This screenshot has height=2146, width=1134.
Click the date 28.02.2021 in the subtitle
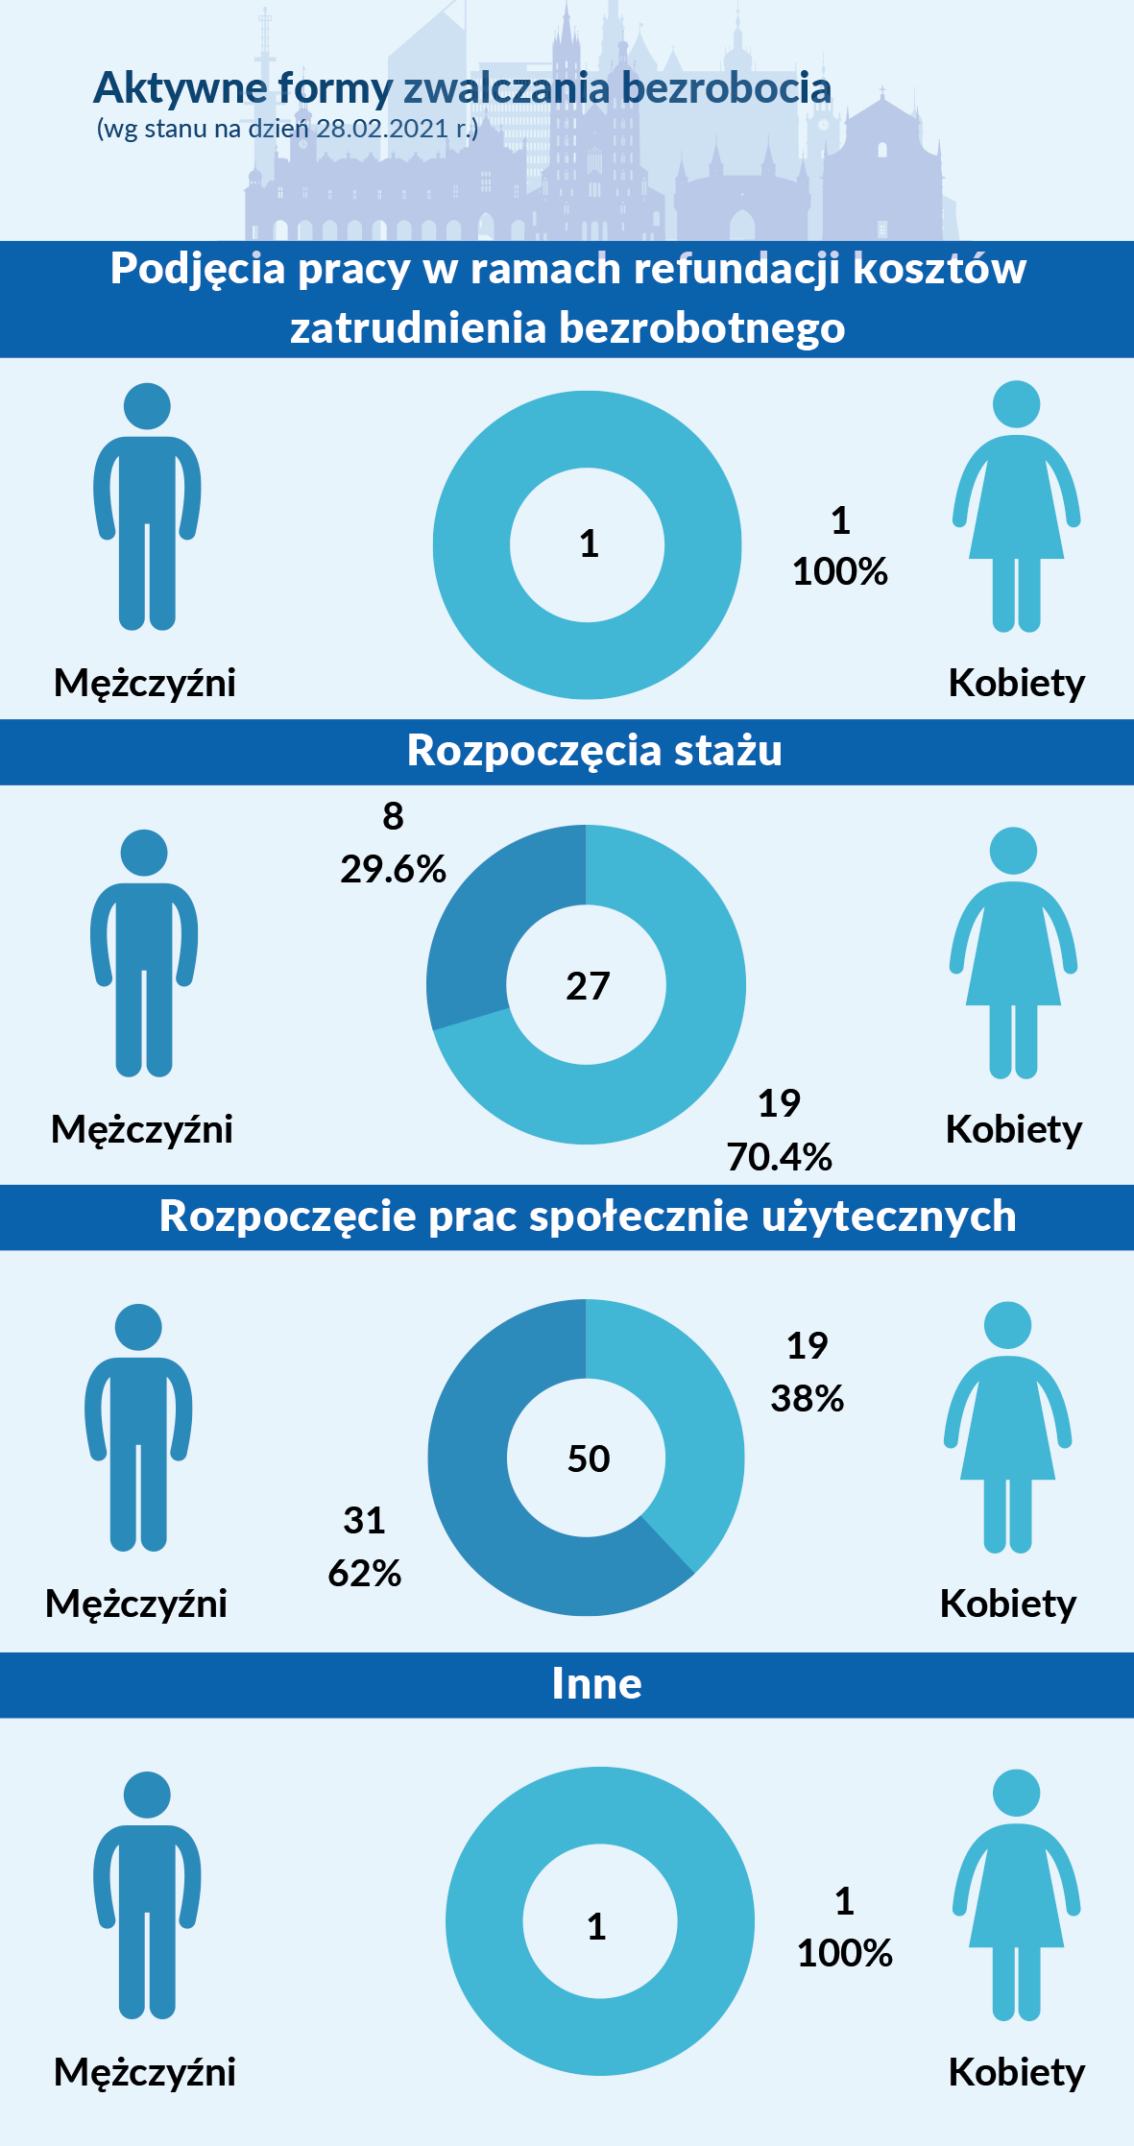pos(382,129)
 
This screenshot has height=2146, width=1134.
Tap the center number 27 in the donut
pos(588,986)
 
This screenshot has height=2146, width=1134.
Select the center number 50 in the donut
pos(589,1459)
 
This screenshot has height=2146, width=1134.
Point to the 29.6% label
pos(393,869)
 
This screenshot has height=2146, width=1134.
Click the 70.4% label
pos(779,1157)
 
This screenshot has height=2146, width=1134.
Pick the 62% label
pos(365,1573)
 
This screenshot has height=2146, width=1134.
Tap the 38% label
pos(807,1398)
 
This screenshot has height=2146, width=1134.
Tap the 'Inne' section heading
pos(596,1683)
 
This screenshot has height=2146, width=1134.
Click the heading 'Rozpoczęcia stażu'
pos(594,750)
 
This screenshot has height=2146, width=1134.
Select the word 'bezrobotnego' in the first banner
pos(702,327)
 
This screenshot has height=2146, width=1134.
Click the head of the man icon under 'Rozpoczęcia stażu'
pos(144,853)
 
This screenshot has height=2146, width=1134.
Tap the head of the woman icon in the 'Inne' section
pos(1016,1793)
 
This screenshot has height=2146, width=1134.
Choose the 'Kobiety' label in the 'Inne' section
pos(1016,2072)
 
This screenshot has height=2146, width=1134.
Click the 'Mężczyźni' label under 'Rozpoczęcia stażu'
pos(142,1129)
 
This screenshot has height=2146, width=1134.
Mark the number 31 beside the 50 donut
pos(364,1520)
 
